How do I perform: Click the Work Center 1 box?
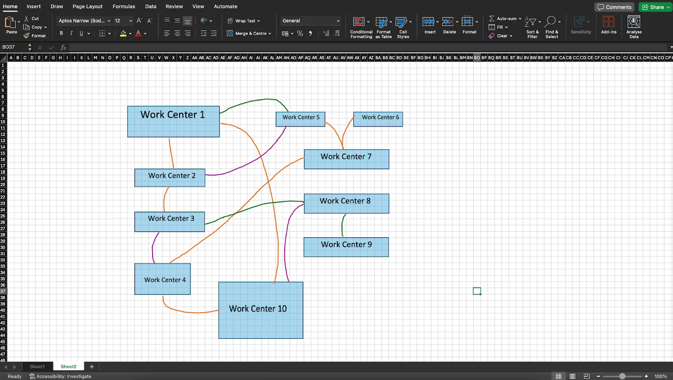point(173,122)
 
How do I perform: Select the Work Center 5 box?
point(300,119)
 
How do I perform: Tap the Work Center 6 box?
point(378,119)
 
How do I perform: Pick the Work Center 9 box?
point(346,247)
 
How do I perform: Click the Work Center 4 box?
point(162,279)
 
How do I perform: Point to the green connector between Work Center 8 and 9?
point(342,225)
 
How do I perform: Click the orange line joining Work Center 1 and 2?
point(171,153)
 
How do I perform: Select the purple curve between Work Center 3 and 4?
point(153,248)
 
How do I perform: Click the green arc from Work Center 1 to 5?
point(255,101)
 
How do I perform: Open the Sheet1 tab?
point(37,367)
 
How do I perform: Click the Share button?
point(656,7)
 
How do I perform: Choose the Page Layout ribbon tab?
point(87,6)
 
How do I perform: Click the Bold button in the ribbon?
point(61,33)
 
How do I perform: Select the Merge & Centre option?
point(249,33)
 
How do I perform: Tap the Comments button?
point(615,7)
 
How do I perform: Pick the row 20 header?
point(3,185)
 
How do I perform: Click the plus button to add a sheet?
point(92,367)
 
